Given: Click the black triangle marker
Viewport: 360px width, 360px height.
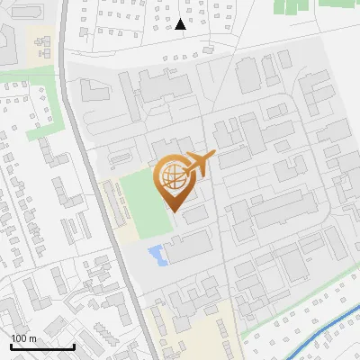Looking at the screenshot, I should [x=181, y=24].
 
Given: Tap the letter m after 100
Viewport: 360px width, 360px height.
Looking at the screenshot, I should [x=33, y=338].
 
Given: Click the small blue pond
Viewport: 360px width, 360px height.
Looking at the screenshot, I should [x=157, y=255].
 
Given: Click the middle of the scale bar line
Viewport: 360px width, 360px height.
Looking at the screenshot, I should [x=42, y=346].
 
